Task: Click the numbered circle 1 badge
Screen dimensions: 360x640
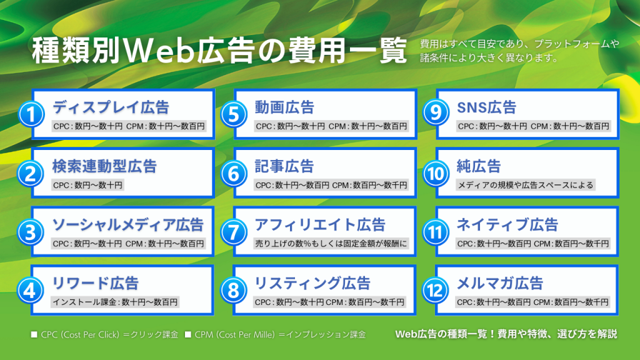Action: coord(30,115)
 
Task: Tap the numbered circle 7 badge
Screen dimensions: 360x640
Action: coord(232,232)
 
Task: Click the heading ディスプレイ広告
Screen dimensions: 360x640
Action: coord(111,107)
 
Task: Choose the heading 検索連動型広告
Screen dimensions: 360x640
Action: coord(104,166)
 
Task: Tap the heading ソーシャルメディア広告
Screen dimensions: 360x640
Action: coord(127,224)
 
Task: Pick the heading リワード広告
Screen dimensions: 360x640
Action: coord(95,283)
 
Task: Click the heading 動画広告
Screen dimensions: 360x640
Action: coord(284,107)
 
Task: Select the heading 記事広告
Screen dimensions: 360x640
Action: coord(284,166)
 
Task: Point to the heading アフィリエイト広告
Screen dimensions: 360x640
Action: coord(320,224)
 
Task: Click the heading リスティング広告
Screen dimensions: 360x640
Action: coord(312,283)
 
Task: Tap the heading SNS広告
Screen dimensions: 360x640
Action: coord(487,107)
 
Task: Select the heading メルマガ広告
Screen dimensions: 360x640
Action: coord(500,283)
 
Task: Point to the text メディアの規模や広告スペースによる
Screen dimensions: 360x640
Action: coord(526,185)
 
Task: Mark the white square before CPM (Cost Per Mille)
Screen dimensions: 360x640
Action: coord(188,335)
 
